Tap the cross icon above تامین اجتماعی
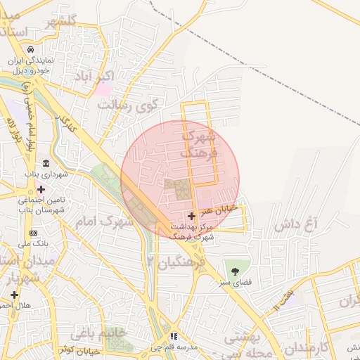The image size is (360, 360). (x=41, y=189)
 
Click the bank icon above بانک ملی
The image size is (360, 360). (x=33, y=233)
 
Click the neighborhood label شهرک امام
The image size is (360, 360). (x=117, y=221)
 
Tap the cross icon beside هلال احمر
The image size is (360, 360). (x=13, y=294)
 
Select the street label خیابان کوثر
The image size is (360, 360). (x=77, y=349)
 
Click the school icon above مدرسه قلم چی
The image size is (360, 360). (x=174, y=337)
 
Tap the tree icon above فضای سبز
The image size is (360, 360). (x=235, y=271)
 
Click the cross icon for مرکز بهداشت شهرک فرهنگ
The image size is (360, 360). (x=192, y=216)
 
